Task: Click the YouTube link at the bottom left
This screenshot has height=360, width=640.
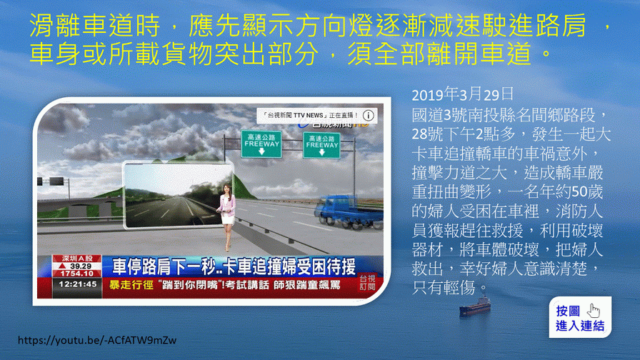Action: click(97, 340)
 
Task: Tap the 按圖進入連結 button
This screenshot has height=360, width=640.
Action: click(580, 317)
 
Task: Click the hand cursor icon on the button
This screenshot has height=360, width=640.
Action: click(594, 311)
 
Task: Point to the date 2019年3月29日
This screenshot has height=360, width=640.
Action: click(462, 94)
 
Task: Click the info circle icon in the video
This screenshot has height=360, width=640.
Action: click(368, 116)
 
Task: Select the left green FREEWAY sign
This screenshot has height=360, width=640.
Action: click(261, 144)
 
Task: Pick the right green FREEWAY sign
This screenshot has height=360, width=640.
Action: click(321, 145)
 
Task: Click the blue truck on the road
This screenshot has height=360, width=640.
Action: click(349, 212)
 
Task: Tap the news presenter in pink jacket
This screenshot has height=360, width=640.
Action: click(226, 216)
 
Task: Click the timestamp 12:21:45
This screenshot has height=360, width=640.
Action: click(78, 284)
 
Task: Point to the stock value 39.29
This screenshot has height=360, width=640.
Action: click(81, 266)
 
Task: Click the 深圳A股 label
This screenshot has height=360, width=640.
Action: click(76, 259)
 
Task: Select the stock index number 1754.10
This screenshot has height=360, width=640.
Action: click(76, 274)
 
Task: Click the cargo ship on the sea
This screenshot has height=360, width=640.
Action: click(474, 306)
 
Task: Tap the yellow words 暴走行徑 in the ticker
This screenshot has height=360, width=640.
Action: click(131, 285)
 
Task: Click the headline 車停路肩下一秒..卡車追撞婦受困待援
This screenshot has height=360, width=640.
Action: click(234, 266)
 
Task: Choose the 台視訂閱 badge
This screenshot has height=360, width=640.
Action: click(367, 282)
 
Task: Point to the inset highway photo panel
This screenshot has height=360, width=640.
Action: click(179, 194)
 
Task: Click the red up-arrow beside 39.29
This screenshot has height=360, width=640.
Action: click(63, 266)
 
